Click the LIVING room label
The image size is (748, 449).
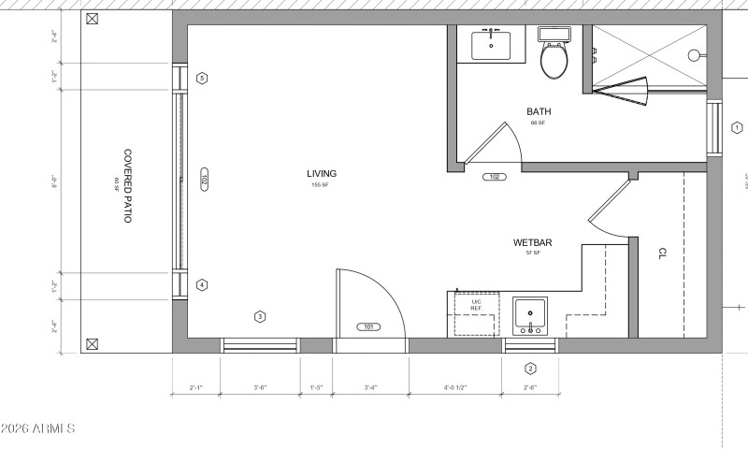tap(321, 173)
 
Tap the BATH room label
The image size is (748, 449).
tap(539, 111)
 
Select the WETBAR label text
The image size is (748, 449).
tap(532, 243)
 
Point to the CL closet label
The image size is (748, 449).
tap(662, 253)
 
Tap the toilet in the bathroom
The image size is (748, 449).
tap(554, 57)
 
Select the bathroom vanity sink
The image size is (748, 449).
tap(490, 43)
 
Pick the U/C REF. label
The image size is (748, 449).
tap(475, 304)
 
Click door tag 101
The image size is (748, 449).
tap(367, 326)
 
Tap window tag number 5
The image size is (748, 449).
tap(202, 78)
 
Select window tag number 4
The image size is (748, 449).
tap(202, 285)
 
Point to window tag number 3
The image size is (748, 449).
tap(260, 316)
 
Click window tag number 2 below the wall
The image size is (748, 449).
tap(530, 368)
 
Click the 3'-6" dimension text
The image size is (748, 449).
tap(261, 387)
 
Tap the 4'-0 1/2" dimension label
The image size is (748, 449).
tap(455, 387)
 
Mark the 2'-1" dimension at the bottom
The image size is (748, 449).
tap(196, 387)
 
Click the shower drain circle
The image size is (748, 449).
tap(694, 55)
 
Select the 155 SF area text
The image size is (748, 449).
tap(321, 184)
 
